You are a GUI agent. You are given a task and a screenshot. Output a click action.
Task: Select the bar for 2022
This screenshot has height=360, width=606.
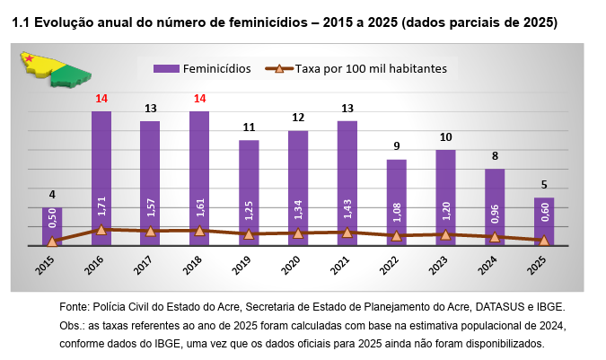coord(396,198)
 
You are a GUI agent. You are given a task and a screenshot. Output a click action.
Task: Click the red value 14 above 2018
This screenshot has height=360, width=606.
coord(199,99)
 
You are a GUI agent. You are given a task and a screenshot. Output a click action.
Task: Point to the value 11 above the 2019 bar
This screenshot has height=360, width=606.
coord(249,127)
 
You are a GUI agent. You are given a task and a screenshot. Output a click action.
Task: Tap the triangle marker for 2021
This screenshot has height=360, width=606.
coord(347,233)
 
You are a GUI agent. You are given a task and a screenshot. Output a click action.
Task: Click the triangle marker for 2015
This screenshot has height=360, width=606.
coord(52,241)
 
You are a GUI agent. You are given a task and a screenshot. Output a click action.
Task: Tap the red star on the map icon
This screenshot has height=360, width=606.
coord(31,59)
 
